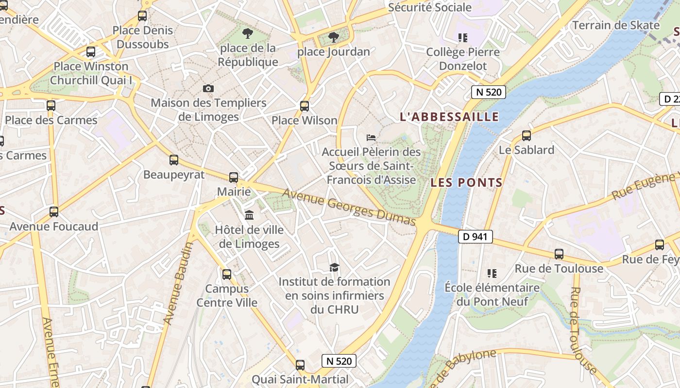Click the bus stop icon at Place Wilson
click(x=305, y=106)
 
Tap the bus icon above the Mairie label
click(x=234, y=178)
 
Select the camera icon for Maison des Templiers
click(x=208, y=88)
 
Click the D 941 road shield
click(x=476, y=237)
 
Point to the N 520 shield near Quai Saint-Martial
click(x=339, y=361)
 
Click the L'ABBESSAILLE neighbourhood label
click(x=449, y=117)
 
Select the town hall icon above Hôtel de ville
click(x=249, y=215)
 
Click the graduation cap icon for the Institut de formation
click(x=334, y=267)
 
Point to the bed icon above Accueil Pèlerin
click(x=371, y=138)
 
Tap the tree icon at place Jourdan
click(x=333, y=37)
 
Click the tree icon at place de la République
click(x=248, y=33)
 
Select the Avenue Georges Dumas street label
click(x=349, y=207)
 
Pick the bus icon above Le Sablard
click(x=527, y=136)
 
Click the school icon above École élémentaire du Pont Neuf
click(x=492, y=274)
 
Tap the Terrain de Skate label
click(x=616, y=25)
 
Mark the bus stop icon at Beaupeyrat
click(x=174, y=160)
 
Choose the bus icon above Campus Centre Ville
click(x=227, y=275)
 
